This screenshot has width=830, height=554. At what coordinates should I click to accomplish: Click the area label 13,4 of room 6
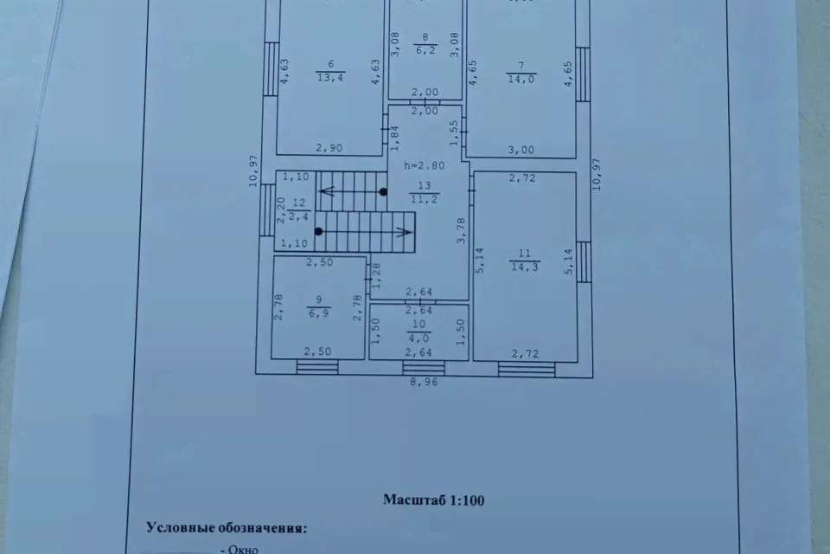(x=331, y=78)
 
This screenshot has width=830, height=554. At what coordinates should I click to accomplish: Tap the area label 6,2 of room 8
(x=425, y=50)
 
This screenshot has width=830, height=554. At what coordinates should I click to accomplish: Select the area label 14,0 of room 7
(x=521, y=79)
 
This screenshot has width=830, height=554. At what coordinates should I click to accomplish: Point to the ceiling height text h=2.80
(x=425, y=165)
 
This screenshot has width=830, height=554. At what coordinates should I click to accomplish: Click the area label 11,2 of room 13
(x=424, y=199)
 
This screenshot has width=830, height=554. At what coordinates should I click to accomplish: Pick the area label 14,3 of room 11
(x=525, y=267)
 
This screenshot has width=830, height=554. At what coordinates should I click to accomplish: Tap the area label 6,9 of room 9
(x=319, y=312)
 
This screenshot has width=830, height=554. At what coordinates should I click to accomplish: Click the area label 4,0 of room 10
(x=418, y=338)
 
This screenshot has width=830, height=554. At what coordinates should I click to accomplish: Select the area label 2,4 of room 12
(x=298, y=216)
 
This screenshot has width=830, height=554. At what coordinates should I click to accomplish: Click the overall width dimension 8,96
(x=424, y=382)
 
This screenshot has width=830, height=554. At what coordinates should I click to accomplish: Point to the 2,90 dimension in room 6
(x=329, y=148)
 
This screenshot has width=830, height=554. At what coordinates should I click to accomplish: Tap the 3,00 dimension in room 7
(x=521, y=150)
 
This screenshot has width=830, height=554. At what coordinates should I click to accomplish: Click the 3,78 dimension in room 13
(x=461, y=230)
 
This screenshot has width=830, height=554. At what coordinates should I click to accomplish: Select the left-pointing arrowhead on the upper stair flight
(x=327, y=190)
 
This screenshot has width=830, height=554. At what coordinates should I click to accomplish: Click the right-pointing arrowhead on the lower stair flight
(x=405, y=232)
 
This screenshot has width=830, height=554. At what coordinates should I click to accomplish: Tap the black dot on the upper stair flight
(x=383, y=192)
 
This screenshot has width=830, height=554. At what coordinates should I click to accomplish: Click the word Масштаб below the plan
(x=415, y=500)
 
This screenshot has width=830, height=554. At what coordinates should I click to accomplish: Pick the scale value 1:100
(x=467, y=500)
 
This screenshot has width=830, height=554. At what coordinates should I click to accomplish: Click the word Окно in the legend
(x=243, y=549)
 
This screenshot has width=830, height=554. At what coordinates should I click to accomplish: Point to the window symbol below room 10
(x=424, y=368)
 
